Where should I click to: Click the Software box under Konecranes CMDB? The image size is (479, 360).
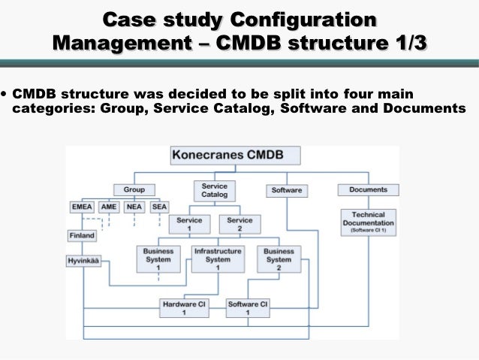pyautogui.click(x=286, y=190)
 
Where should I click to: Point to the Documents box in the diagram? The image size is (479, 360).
pyautogui.click(x=368, y=189)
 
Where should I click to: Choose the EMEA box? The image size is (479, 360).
pyautogui.click(x=81, y=207)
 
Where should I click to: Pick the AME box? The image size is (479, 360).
pyautogui.click(x=110, y=207)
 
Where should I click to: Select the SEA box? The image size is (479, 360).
pyautogui.click(x=158, y=207)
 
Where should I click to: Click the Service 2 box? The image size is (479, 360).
pyautogui.click(x=239, y=225)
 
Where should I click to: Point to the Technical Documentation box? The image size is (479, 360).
pyautogui.click(x=368, y=223)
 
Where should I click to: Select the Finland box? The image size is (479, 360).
pyautogui.click(x=82, y=235)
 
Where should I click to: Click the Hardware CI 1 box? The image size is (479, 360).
pyautogui.click(x=184, y=308)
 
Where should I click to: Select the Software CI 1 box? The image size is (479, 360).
pyautogui.click(x=248, y=308)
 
